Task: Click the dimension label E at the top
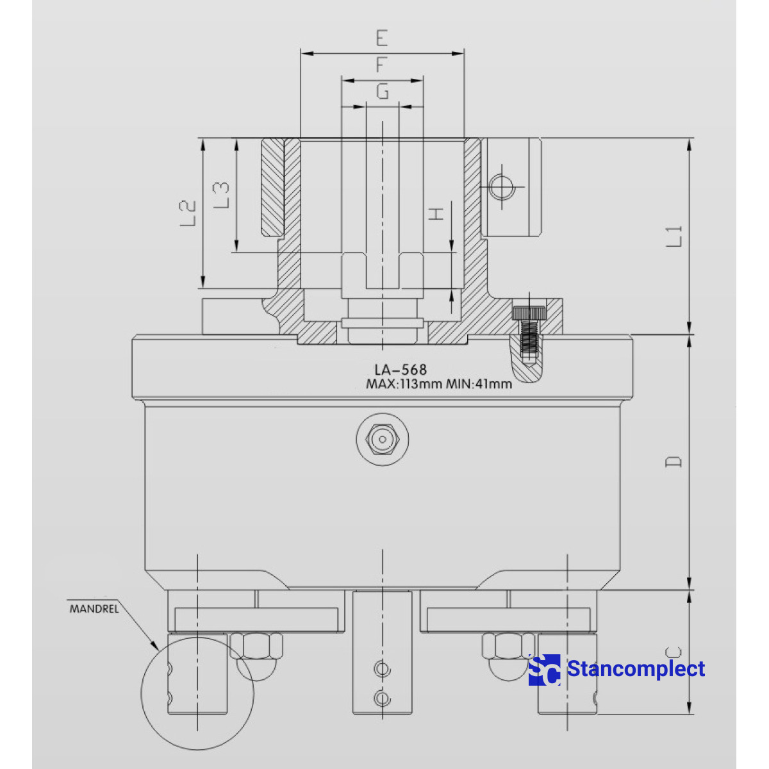(x=382, y=38)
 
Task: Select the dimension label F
(x=382, y=65)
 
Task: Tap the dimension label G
(x=382, y=92)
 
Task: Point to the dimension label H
(x=436, y=213)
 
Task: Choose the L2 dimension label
(x=187, y=213)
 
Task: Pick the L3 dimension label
(x=221, y=194)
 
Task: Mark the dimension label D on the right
(x=674, y=461)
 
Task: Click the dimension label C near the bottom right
(x=674, y=652)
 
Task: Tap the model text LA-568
(x=401, y=370)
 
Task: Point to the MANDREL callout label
(x=94, y=609)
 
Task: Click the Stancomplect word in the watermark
(x=636, y=669)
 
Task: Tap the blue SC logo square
(x=544, y=670)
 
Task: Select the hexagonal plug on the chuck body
(x=383, y=440)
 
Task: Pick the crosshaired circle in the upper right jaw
(x=501, y=187)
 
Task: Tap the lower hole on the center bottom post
(x=383, y=697)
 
